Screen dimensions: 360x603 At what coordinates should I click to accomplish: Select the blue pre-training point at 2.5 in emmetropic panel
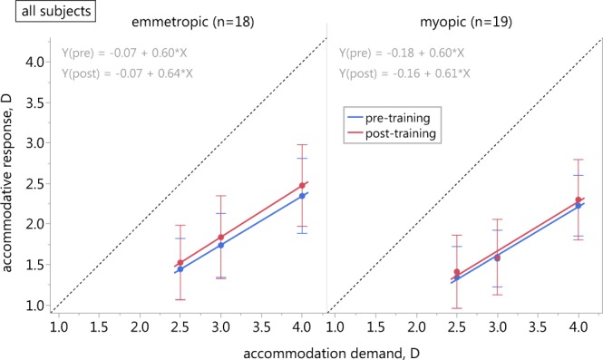coord(180,269)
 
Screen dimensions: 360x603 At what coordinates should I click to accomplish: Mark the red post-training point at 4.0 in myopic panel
coord(579,199)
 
